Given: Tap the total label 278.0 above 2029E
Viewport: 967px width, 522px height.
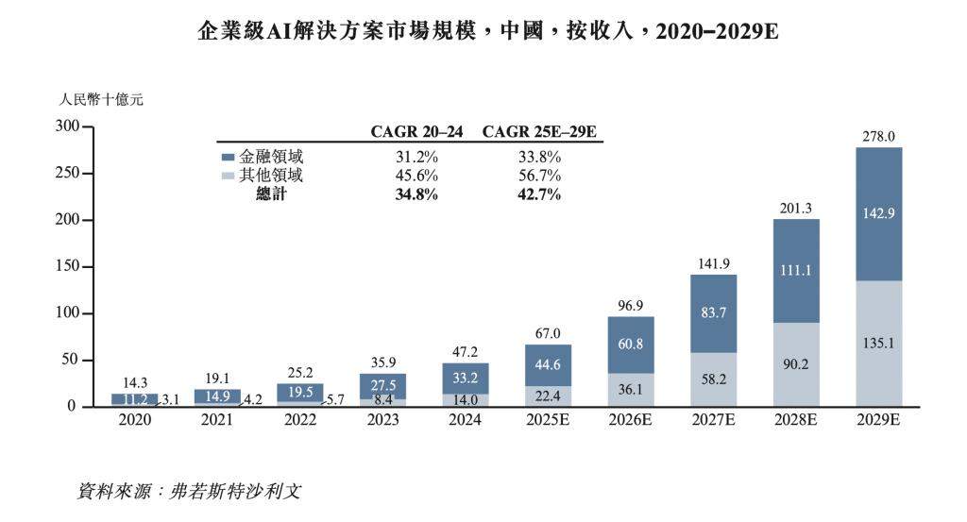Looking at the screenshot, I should tap(878, 136).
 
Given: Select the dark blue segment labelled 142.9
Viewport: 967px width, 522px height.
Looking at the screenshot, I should tap(878, 213).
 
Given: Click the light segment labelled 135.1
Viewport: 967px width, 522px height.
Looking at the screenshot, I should tap(878, 345).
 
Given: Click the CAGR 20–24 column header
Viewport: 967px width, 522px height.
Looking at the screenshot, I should tap(416, 132).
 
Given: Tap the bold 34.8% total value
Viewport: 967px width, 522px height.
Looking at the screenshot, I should tap(416, 194).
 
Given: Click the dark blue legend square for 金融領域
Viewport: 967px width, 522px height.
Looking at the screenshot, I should tap(227, 158).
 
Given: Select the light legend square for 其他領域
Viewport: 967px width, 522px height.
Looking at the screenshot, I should tap(227, 177).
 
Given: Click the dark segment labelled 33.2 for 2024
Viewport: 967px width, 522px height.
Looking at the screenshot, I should tap(466, 378).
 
